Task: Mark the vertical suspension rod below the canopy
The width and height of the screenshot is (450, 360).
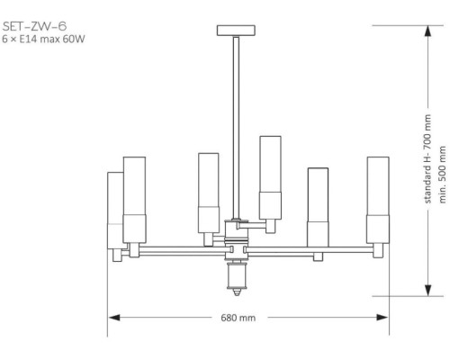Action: tap(237, 126)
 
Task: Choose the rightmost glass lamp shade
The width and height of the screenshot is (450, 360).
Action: tap(377, 198)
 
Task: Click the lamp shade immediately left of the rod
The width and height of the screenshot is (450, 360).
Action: tap(209, 193)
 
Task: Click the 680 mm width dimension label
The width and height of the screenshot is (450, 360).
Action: tap(238, 318)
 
